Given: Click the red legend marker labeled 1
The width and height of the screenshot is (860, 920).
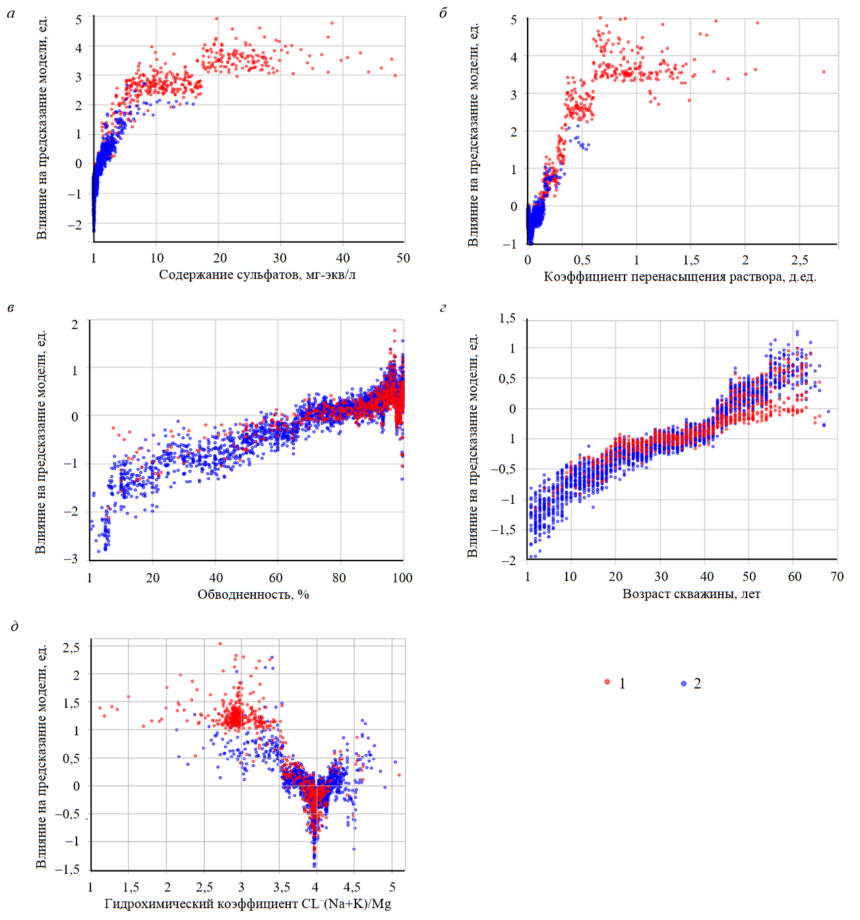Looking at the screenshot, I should point(607,682).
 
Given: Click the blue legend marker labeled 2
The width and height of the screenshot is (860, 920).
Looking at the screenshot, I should point(684,683).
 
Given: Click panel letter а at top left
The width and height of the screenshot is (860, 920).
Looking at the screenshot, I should point(11,13).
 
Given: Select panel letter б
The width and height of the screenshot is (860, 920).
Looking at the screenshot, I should point(443,13).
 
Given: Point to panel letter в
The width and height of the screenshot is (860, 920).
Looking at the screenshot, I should point(11,307).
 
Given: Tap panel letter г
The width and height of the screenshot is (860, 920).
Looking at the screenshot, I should point(443,307).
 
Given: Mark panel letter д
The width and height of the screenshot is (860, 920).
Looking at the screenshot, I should point(15,626).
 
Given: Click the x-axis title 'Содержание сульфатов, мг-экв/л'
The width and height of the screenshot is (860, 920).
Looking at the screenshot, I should point(257,274).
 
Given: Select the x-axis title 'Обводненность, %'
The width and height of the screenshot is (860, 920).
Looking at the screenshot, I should point(253,594).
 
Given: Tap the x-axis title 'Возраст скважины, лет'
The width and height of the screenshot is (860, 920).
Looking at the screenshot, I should point(691,594).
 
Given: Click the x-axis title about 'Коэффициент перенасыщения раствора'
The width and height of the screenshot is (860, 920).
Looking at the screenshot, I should point(680,276).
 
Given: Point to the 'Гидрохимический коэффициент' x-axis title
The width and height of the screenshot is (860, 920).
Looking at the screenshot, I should point(248,904).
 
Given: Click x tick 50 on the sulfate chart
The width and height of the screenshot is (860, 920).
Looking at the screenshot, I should point(403,258).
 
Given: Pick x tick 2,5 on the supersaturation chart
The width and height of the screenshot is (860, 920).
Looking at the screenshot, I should point(799,260).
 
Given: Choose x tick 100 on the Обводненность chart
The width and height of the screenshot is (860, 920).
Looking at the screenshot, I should point(402,578).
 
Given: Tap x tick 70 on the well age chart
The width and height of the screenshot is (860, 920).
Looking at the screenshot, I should point(837,576).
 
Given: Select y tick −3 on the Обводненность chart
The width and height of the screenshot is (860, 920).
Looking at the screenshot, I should point(71,559).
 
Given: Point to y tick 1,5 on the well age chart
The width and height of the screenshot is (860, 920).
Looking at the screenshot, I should point(507,319).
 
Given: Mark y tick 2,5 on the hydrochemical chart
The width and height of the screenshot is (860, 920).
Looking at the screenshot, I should point(71,648).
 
